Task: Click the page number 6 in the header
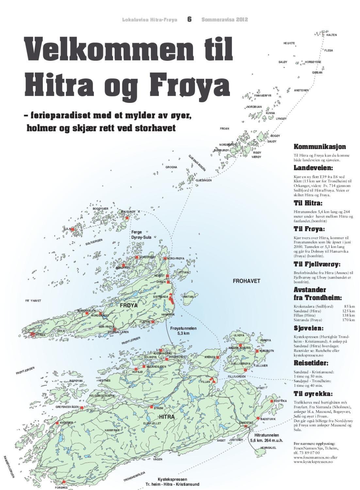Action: point(189,19)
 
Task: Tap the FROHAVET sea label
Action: point(246,281)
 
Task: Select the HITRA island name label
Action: point(167,417)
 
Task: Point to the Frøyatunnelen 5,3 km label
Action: point(183,331)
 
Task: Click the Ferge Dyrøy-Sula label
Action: point(141,235)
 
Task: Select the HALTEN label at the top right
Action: point(331,35)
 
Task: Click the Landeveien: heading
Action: point(313,168)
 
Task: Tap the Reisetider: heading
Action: point(311,363)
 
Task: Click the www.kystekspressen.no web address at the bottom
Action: point(313,462)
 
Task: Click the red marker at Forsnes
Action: point(64,482)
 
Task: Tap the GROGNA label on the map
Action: point(171,167)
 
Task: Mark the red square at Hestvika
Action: point(271,401)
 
